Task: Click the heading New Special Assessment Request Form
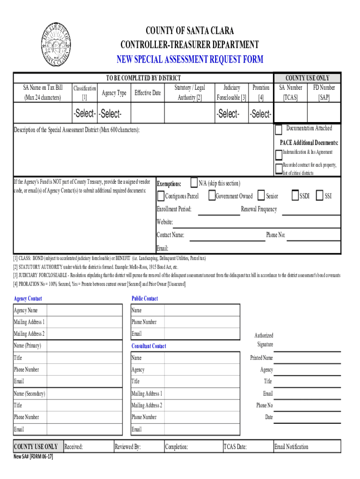[x=189, y=59]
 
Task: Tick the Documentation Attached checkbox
[x=279, y=129]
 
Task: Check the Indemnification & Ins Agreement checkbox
[x=279, y=153]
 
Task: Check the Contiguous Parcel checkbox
[x=160, y=196]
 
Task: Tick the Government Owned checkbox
[x=211, y=196]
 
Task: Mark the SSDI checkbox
[x=295, y=196]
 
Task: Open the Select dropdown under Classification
[x=84, y=114]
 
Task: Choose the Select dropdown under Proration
[x=260, y=114]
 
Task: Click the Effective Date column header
[x=147, y=93]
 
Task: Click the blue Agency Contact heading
[x=28, y=298]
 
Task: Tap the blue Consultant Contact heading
[x=149, y=346]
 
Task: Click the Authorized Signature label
[x=264, y=340]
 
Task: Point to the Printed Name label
[x=262, y=358]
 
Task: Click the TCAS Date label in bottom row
[x=235, y=447]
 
